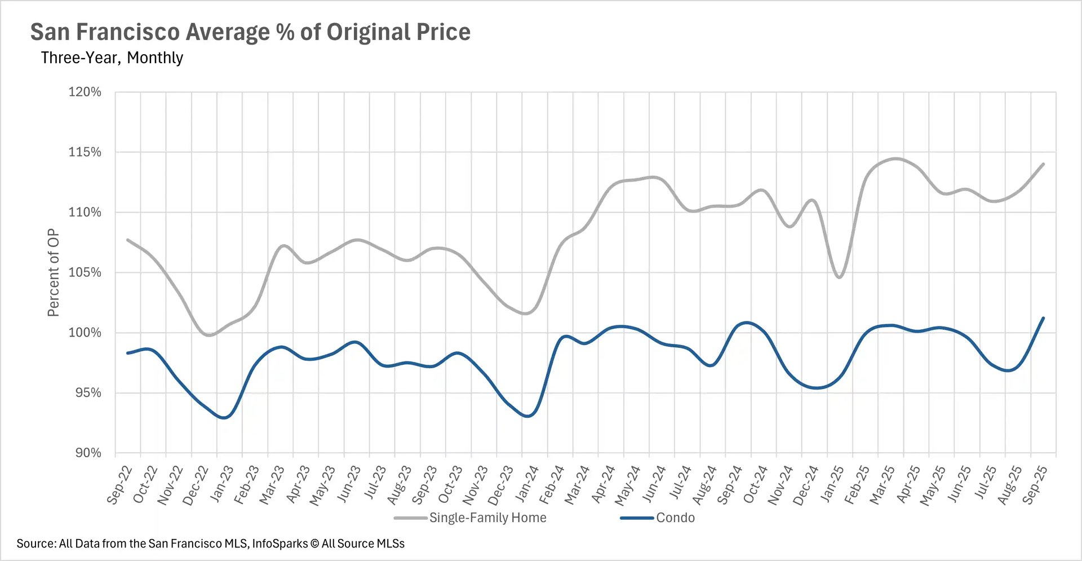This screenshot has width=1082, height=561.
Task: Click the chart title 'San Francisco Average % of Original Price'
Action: click(x=250, y=32)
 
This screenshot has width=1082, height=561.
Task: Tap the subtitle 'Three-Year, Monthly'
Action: click(x=112, y=58)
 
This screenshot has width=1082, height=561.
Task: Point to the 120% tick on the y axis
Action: click(x=85, y=92)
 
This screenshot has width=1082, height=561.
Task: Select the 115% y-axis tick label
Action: click(x=85, y=152)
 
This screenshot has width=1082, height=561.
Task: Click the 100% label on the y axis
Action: click(x=85, y=333)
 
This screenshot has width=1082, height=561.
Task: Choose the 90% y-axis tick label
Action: click(x=88, y=453)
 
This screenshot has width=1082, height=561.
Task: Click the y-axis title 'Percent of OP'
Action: click(x=53, y=272)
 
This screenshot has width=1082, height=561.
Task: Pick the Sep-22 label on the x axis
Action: click(x=119, y=485)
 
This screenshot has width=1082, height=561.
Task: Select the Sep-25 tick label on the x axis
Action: click(x=1035, y=485)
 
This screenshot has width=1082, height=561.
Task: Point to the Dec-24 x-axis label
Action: click(x=806, y=485)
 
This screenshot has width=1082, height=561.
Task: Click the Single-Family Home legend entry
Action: click(x=487, y=518)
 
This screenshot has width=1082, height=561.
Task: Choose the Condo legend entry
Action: click(x=675, y=518)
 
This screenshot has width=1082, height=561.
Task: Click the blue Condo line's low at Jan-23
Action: click(x=224, y=418)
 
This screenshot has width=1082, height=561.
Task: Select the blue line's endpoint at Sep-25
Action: click(x=1043, y=318)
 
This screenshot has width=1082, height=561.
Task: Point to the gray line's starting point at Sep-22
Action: click(x=128, y=240)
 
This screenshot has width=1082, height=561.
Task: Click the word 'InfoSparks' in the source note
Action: click(x=280, y=544)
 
